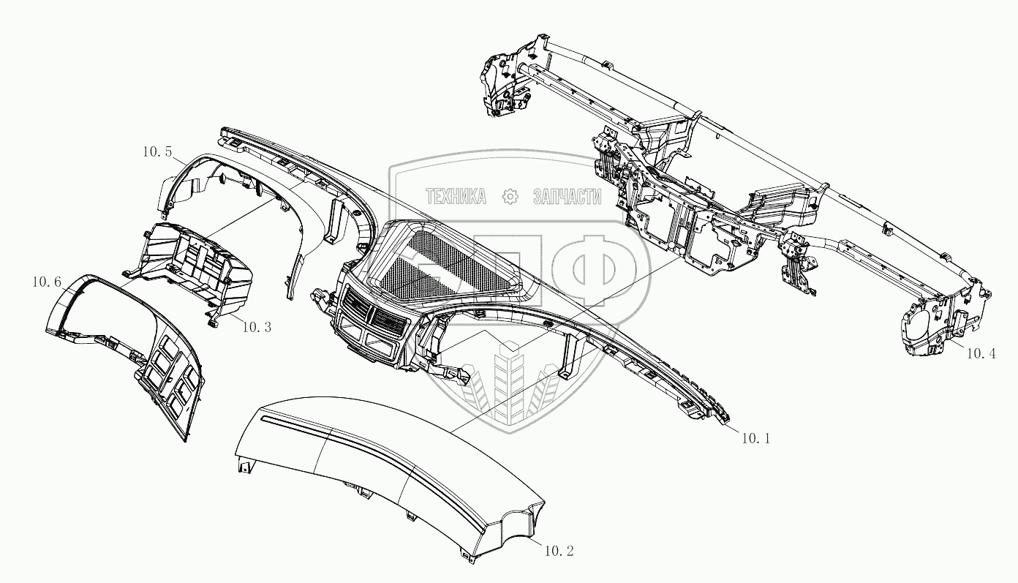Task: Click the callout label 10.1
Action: point(755,439)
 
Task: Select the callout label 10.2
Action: point(559,550)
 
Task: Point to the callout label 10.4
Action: point(981,353)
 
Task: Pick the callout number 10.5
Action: point(157,152)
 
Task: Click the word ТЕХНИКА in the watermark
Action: point(456,196)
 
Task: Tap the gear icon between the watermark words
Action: point(510,196)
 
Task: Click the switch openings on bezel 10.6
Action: point(172,380)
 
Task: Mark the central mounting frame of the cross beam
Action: point(680,219)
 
